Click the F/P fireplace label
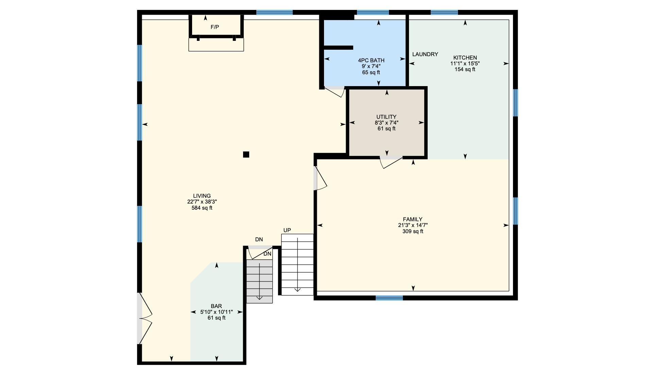point(215,27)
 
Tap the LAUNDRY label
point(425,54)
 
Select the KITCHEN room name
point(465,58)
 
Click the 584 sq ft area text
point(202,208)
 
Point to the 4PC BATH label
point(371,60)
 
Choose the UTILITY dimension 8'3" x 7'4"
point(387,123)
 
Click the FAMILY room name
point(413,220)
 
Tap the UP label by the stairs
point(287,230)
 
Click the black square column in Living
point(246,155)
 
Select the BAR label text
point(216,306)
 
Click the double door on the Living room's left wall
point(145,318)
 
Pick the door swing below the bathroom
point(335,92)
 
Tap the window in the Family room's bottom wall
point(389,298)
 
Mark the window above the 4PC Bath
point(373,13)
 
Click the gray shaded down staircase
point(259,281)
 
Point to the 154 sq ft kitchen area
point(465,69)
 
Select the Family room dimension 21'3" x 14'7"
point(413,225)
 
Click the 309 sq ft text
point(413,231)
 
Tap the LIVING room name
point(202,196)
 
